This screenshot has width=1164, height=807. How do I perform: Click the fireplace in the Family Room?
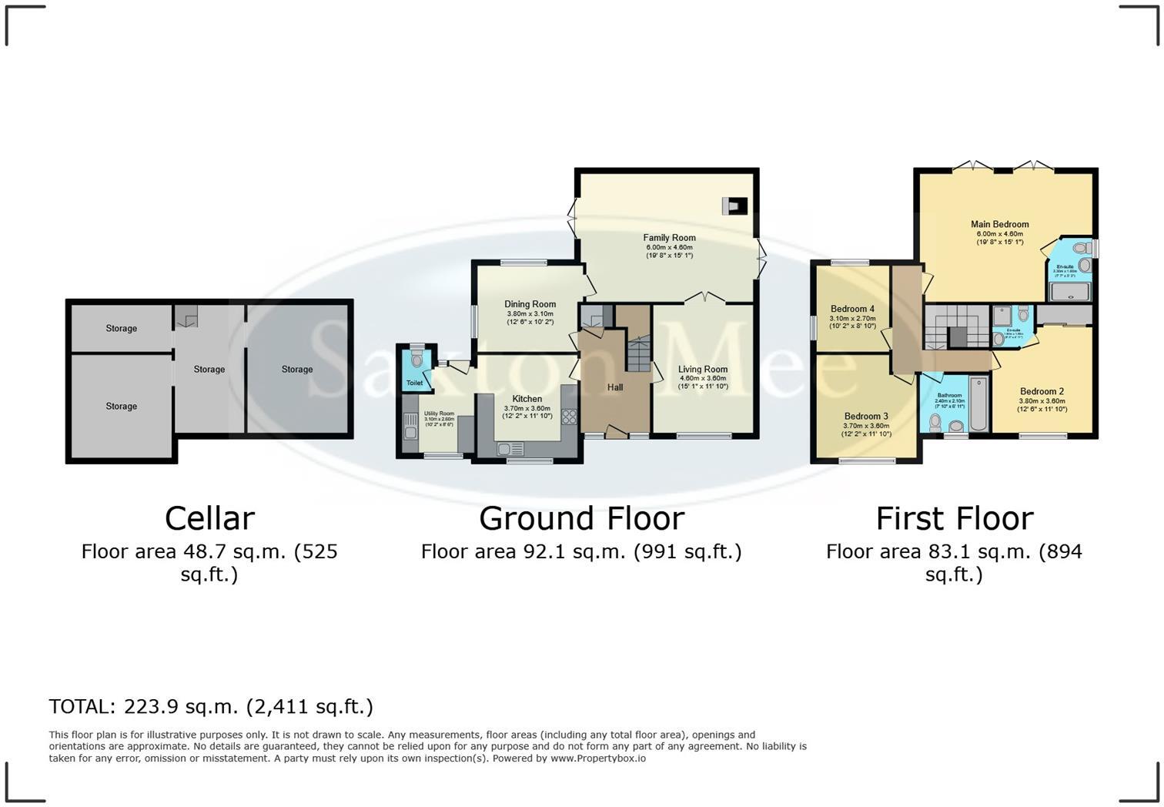(x=734, y=206)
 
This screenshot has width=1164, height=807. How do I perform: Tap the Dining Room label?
(x=530, y=304)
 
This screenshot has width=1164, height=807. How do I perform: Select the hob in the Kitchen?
(x=569, y=417)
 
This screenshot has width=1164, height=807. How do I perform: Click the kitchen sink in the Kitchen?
(x=510, y=448)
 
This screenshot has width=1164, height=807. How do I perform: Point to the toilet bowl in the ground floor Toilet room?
(x=416, y=360)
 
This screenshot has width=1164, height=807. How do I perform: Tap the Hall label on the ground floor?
(x=614, y=387)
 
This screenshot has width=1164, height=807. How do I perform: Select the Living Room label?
(x=702, y=370)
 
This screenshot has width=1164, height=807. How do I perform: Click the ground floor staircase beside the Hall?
(x=638, y=355)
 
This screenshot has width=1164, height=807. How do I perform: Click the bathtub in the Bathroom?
(x=978, y=404)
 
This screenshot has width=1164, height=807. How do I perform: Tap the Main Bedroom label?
(x=999, y=224)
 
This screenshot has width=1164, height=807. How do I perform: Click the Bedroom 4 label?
(x=852, y=309)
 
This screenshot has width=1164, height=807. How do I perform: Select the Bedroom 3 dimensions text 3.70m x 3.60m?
(x=866, y=426)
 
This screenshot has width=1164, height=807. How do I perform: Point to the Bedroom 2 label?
(x=1042, y=391)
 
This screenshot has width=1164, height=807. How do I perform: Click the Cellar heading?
(x=209, y=518)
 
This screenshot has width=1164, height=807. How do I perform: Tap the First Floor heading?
(x=954, y=518)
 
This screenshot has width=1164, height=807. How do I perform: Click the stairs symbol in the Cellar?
(x=186, y=316)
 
